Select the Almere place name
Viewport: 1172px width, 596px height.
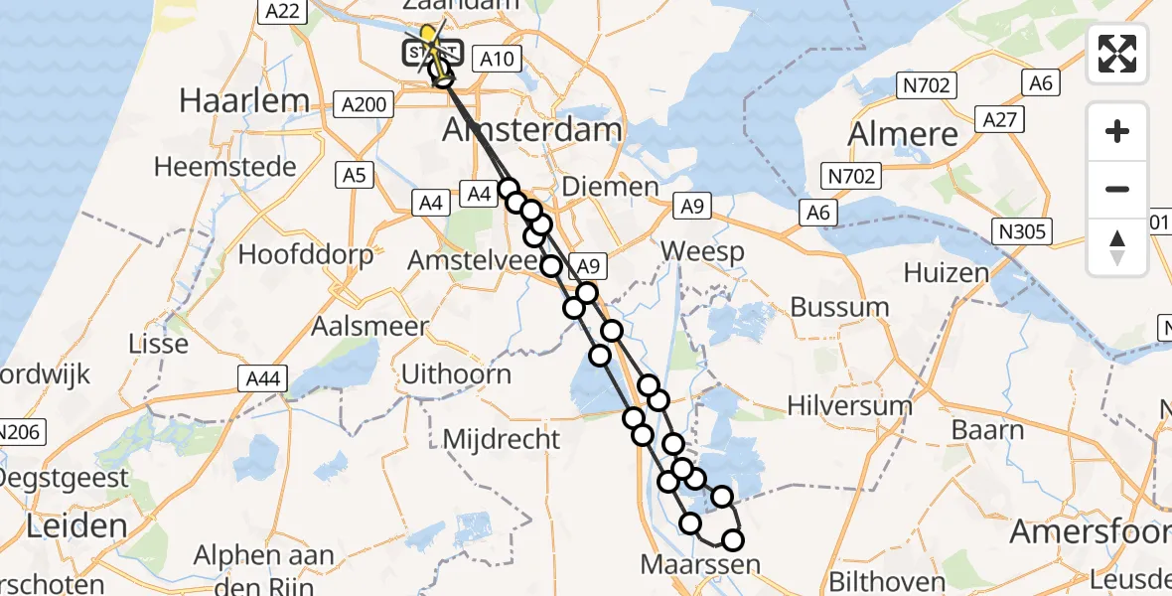pos(904,134)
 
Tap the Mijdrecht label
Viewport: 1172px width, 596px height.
pos(501,438)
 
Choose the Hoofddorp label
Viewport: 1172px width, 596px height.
pos(306,254)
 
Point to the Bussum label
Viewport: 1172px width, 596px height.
pos(839,307)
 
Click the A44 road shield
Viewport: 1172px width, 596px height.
pos(261,377)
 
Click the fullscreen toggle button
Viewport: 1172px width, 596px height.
pos(1117,53)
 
